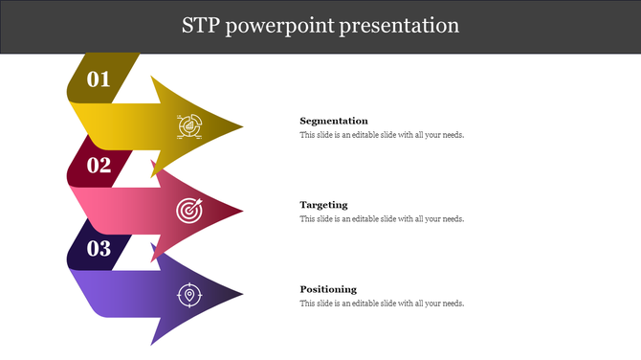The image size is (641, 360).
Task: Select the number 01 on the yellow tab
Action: [x=99, y=79]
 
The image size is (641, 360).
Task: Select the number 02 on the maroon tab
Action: [x=99, y=165]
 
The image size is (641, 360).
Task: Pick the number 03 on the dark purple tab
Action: [x=99, y=249]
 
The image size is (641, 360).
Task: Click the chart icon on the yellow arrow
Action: [x=188, y=125]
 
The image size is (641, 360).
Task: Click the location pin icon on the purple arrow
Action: [x=188, y=295]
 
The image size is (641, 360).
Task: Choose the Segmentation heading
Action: [x=333, y=121]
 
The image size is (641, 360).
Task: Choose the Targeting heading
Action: [x=323, y=205]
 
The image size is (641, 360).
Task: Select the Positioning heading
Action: [x=328, y=289]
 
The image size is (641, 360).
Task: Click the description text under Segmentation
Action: [x=382, y=135]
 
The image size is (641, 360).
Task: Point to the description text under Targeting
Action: [x=382, y=219]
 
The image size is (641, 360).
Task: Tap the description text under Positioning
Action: [x=382, y=304]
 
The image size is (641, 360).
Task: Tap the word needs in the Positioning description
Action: [x=453, y=304]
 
